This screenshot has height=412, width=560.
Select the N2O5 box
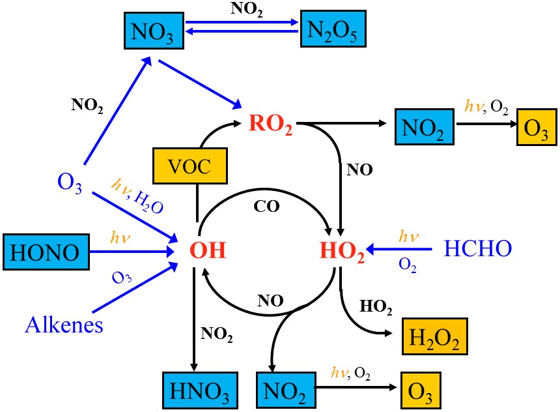(329, 30)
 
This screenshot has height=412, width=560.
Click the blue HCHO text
(478, 248)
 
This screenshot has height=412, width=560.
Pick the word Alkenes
(64, 324)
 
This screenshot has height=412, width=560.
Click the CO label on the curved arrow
(266, 207)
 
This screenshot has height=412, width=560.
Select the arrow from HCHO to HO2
(400, 249)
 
